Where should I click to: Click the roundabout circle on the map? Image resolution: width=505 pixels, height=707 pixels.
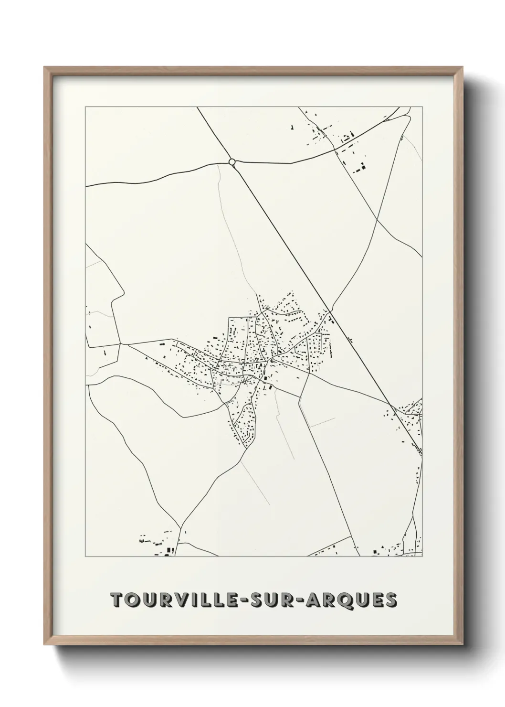coord(232,162)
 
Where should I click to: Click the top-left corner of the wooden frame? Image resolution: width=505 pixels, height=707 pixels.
coord(44,67)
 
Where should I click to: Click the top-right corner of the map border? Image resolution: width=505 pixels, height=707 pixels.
coord(422,107)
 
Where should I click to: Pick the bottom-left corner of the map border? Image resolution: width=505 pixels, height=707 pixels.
coord(85,557)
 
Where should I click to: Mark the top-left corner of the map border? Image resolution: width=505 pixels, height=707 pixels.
coord(85,107)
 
